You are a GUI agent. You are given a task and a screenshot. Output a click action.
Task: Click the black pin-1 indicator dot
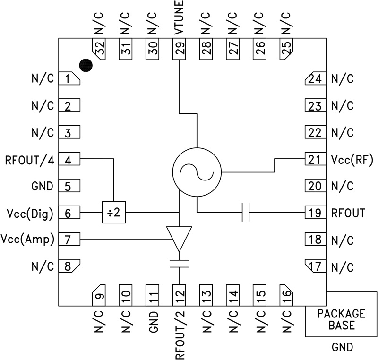point(86,65)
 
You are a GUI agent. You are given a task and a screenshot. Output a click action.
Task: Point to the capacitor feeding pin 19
point(245,213)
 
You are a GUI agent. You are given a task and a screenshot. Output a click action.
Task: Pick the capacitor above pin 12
point(179,262)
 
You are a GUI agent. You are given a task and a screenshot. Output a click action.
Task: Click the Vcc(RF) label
point(352,160)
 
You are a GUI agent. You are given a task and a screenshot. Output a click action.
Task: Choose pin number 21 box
point(314,160)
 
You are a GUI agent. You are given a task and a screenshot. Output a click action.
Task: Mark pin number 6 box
point(69,213)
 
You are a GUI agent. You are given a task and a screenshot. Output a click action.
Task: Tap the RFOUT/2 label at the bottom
point(180,331)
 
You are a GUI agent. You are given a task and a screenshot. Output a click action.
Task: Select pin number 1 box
point(69,79)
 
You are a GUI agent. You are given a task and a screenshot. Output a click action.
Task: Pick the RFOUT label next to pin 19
point(348,213)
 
